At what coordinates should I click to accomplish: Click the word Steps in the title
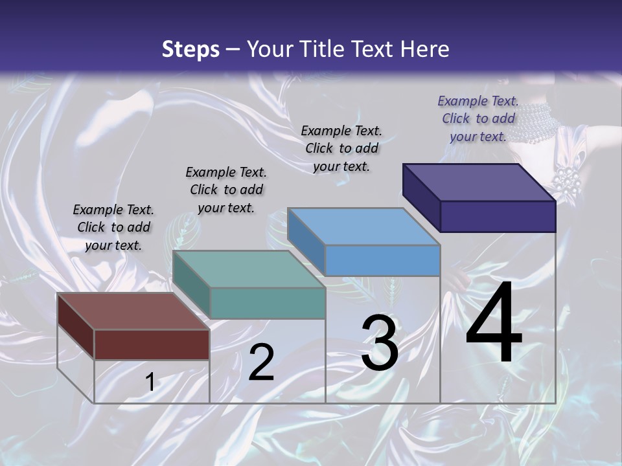[x=190, y=49]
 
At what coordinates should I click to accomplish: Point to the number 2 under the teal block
[x=261, y=362]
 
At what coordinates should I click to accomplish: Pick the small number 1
[x=150, y=382]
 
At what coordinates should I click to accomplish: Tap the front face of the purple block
[x=498, y=216]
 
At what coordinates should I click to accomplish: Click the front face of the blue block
[x=382, y=260]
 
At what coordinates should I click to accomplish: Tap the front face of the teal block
[x=268, y=303]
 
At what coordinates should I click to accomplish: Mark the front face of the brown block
[x=152, y=344]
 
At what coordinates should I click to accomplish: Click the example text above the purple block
[x=478, y=118]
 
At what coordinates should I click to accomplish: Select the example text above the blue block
[x=341, y=148]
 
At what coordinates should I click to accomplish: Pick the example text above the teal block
[x=226, y=190]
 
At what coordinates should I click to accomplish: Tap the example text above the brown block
[x=113, y=227]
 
